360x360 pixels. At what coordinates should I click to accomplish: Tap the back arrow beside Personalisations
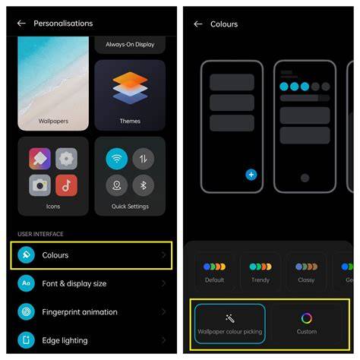click(x=21, y=24)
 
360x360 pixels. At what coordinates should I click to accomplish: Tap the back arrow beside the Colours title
click(x=198, y=24)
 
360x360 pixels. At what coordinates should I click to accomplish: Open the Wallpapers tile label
click(x=53, y=121)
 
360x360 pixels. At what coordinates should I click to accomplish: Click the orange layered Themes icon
click(x=130, y=88)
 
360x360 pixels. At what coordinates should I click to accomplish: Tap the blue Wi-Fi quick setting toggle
click(x=117, y=159)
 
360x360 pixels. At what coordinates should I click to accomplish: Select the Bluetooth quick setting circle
click(x=144, y=185)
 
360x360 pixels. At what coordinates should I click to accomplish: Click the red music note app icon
click(x=66, y=185)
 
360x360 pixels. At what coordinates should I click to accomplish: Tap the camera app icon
click(x=39, y=185)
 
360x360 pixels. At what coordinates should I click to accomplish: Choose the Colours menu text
click(x=55, y=255)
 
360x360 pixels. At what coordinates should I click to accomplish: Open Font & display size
click(x=74, y=283)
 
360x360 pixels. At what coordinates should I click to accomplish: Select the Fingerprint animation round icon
click(x=26, y=312)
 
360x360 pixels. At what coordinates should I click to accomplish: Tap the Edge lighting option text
click(x=65, y=340)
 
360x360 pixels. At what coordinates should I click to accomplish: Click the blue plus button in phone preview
click(x=251, y=175)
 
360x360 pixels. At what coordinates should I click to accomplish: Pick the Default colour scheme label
click(x=214, y=280)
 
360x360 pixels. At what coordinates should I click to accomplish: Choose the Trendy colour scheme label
click(x=261, y=280)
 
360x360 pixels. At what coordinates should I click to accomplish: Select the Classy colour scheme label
click(x=306, y=280)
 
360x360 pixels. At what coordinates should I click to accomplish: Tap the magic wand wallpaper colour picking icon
click(x=230, y=318)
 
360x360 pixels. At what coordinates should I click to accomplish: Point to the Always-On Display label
click(x=130, y=45)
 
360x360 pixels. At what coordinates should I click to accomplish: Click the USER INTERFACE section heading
click(x=40, y=234)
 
